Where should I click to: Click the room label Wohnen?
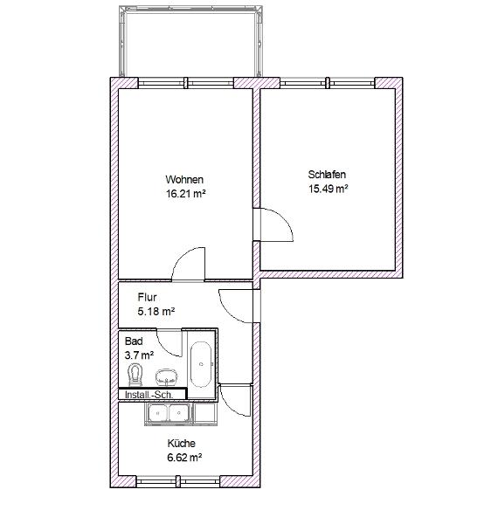(184, 179)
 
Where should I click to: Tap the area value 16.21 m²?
(185, 194)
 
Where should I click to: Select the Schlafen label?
(327, 175)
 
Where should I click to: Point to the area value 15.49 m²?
(329, 189)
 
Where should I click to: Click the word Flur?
(147, 297)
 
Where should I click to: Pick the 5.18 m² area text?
(156, 312)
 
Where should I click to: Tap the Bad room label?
(134, 341)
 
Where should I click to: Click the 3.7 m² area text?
(139, 355)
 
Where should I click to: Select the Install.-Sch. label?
(149, 395)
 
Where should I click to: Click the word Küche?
(181, 443)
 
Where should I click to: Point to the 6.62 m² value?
(184, 457)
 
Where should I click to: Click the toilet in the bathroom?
(135, 375)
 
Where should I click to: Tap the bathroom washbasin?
(167, 376)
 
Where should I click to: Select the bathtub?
(201, 364)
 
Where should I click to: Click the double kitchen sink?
(169, 414)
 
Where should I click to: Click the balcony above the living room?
(190, 42)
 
